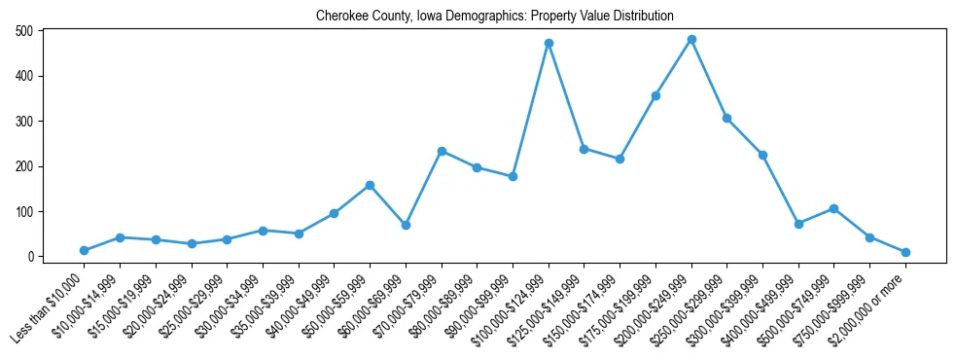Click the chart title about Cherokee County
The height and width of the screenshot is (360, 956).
click(494, 17)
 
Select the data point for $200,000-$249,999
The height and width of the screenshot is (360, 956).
click(691, 40)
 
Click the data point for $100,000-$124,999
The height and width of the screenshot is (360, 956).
click(549, 43)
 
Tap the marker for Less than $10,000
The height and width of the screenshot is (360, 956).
click(84, 251)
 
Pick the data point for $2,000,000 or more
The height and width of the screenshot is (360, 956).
click(905, 252)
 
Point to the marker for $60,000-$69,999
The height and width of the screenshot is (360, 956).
click(406, 225)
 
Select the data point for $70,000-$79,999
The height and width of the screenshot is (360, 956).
click(442, 151)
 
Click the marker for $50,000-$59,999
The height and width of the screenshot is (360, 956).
click(370, 185)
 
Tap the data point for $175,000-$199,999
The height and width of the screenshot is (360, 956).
click(655, 95)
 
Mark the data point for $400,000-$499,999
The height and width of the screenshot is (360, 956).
click(798, 224)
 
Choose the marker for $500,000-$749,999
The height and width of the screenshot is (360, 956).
click(833, 208)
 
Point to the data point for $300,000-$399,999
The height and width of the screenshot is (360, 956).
click(762, 155)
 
